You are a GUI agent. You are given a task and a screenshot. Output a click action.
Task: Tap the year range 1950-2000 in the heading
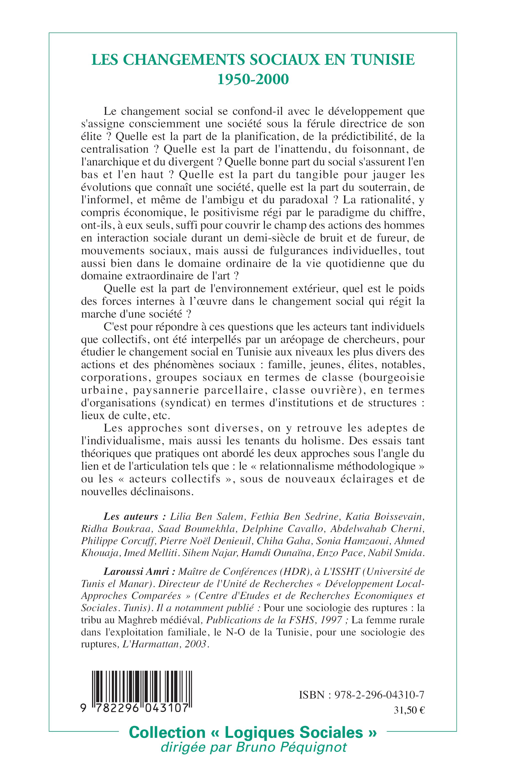pos(253,80)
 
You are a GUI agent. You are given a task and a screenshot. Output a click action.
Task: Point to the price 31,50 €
pos(409,710)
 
